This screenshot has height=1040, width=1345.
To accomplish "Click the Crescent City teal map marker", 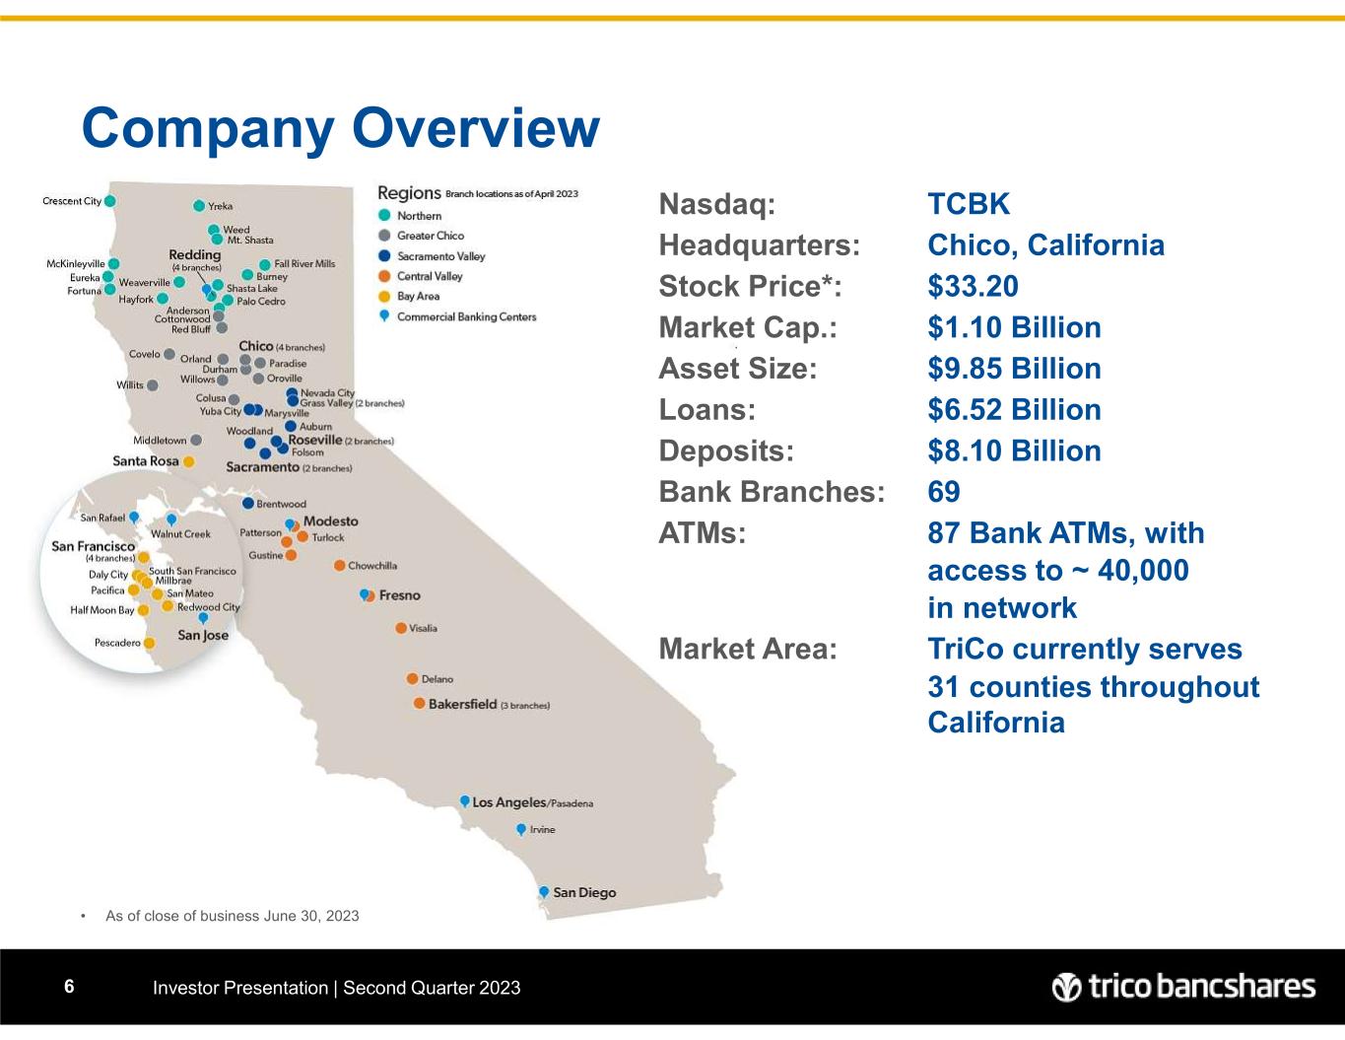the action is pos(110,201).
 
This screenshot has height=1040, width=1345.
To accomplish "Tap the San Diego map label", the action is pos(584,893).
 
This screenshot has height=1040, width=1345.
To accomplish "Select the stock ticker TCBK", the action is pos(969,204).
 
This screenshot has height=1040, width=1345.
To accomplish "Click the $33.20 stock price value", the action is pos(973,286).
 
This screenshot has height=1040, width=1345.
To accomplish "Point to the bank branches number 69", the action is pos(944,492).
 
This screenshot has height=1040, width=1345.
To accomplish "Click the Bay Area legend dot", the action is pos(384,297).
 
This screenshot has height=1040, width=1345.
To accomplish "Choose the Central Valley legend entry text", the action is pos(430,276).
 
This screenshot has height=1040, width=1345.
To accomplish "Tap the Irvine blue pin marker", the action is pos(521,829).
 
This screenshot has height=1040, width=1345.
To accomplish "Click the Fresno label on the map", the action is pos(400,595).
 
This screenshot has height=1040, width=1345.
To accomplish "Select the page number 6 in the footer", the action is pos(69,986).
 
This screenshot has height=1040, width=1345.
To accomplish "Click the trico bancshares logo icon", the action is pos(1066,987).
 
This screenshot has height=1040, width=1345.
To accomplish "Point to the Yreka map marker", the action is pos(199,205).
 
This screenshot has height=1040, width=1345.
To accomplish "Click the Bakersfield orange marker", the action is pos(419,703).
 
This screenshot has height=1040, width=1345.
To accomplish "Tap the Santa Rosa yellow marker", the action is pos(189,461).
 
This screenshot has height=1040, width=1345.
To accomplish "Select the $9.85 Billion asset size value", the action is pos(1015,369).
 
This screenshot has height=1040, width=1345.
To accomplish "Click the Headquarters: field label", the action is pos(760,245).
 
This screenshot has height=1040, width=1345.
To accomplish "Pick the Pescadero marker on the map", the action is pos(149,643).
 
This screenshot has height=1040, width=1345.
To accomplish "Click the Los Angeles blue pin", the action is pos(465,801).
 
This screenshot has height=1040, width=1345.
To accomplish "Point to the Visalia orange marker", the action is pos(401,628).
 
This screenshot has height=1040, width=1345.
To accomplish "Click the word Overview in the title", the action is pos(476,128).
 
